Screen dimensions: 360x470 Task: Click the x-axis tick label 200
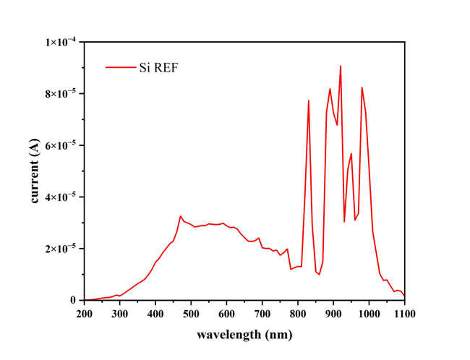(85, 314)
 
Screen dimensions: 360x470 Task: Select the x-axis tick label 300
(120, 314)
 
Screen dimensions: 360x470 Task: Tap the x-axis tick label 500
(192, 314)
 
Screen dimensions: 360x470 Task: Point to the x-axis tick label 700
(262, 314)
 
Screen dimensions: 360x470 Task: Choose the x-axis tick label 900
(333, 314)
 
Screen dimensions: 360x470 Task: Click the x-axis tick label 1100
(403, 314)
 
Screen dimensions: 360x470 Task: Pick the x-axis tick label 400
(155, 314)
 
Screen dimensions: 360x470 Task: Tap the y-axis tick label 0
(74, 300)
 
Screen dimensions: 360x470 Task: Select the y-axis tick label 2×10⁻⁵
(61, 249)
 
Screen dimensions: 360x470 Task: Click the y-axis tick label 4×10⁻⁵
(61, 197)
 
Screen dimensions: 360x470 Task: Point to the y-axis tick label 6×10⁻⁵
(61, 145)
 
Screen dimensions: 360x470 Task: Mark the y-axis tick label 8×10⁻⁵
(61, 94)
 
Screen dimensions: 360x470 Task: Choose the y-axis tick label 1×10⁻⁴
(61, 42)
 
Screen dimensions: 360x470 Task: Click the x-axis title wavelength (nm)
(244, 335)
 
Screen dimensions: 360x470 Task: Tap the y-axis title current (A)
(35, 171)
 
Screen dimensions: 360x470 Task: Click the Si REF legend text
(158, 68)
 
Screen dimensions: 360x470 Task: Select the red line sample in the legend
(120, 68)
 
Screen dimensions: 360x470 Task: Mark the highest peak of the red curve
(341, 66)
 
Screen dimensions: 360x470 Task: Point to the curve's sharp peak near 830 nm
(308, 100)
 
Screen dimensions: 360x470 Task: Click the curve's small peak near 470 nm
(181, 215)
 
